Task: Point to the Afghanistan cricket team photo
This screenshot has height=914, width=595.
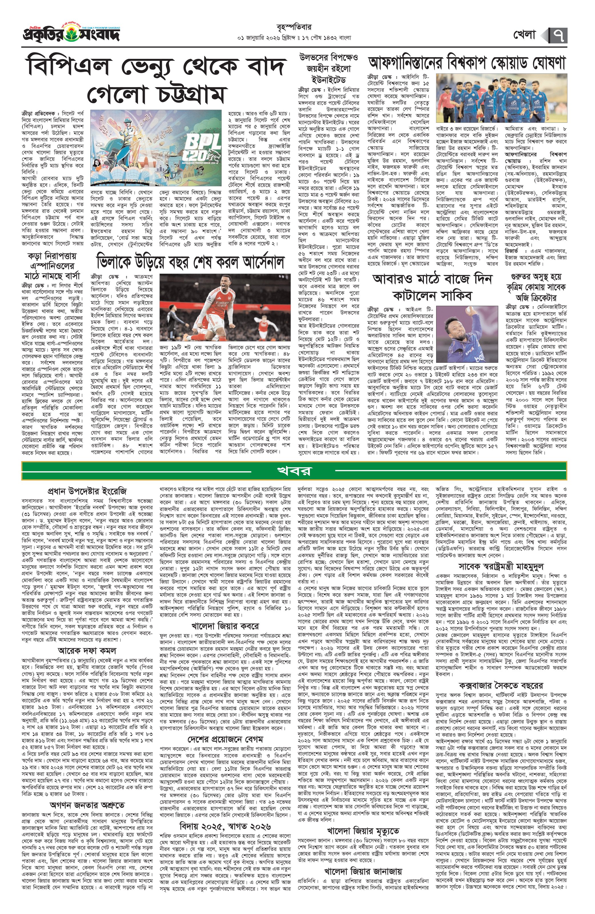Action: [x=501, y=98]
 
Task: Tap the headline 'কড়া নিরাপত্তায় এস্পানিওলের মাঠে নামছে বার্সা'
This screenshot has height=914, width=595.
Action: [x=53, y=265]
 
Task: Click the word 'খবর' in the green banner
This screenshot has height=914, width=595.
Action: [x=294, y=471]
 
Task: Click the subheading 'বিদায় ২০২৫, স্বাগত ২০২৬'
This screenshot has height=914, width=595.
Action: [x=225, y=824]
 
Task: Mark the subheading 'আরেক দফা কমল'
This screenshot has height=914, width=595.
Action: [x=87, y=650]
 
